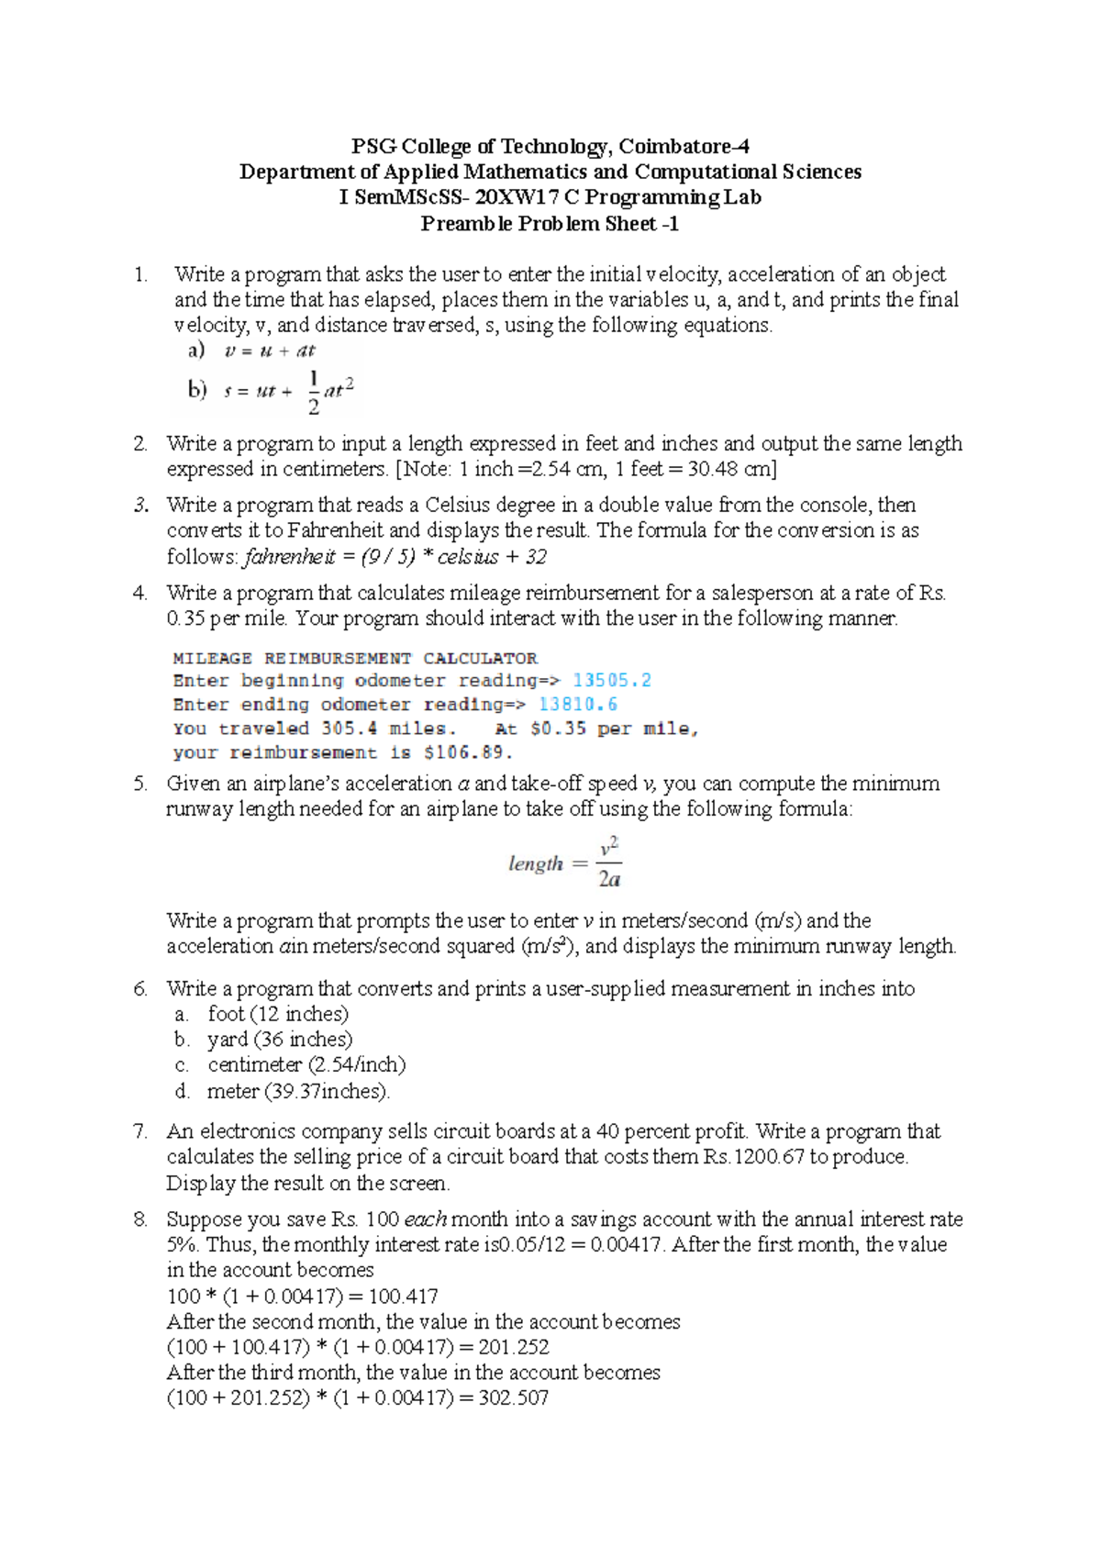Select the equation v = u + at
[x=270, y=351]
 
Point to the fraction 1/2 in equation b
[x=314, y=392]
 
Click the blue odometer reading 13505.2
[x=612, y=681]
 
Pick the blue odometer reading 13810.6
[x=578, y=705]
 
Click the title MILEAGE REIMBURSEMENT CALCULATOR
[x=355, y=658]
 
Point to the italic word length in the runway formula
[x=536, y=863]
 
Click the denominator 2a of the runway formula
[x=609, y=879]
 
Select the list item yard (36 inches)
[x=280, y=1040]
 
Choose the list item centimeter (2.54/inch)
[x=306, y=1065]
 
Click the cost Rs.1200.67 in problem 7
[x=753, y=1157]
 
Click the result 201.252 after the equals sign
[x=514, y=1348]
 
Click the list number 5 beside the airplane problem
[x=140, y=784]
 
